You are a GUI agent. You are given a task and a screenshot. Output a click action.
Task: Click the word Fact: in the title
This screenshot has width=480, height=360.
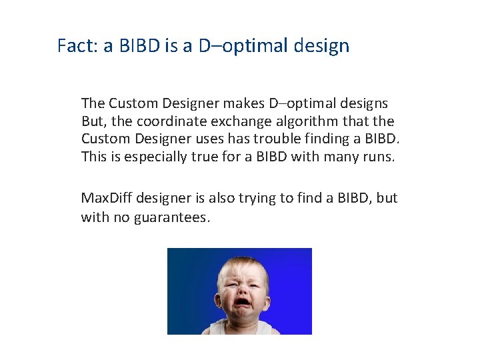(x=77, y=46)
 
